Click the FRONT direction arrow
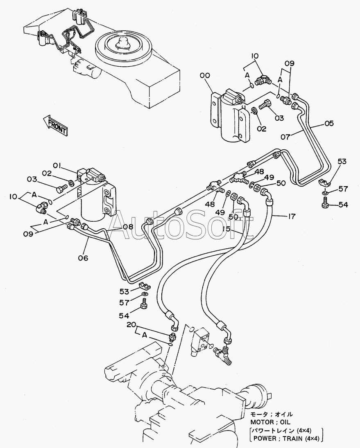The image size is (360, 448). (x=55, y=125)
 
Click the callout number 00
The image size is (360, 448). (x=205, y=75)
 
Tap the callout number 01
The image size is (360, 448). (x=57, y=165)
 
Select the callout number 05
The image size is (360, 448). (x=329, y=123)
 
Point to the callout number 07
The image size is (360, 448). (x=285, y=137)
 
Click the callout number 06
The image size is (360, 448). (x=83, y=258)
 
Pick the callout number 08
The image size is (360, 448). (x=128, y=227)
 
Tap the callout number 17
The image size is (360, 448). (x=291, y=216)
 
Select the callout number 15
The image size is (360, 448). (x=226, y=229)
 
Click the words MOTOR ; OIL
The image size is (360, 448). (x=270, y=422)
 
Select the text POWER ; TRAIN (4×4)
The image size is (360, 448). (x=286, y=438)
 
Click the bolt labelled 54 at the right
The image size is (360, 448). (x=324, y=204)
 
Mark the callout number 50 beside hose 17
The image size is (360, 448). (x=281, y=183)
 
